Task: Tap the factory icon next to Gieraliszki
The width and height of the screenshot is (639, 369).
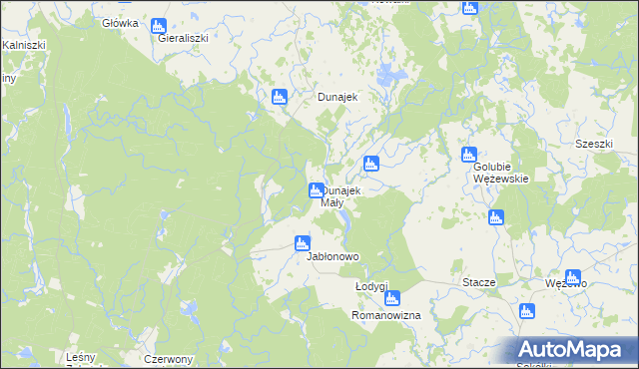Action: (x=158, y=25)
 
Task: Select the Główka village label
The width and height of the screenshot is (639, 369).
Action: (x=121, y=22)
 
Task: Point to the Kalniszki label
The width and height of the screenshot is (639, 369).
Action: (x=22, y=45)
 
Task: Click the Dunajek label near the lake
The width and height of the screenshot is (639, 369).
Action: (x=337, y=98)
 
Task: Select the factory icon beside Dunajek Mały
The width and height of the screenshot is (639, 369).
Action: (x=317, y=189)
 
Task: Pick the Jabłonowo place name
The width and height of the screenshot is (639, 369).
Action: (x=332, y=256)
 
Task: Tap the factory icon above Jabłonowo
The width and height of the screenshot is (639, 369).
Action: (x=303, y=242)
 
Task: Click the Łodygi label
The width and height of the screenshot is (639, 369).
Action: (x=371, y=286)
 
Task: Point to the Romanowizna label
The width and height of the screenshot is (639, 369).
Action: (x=386, y=314)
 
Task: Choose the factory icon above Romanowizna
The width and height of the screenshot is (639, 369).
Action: (x=392, y=298)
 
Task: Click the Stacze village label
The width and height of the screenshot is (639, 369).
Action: (x=479, y=282)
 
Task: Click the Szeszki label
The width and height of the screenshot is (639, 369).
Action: (x=593, y=144)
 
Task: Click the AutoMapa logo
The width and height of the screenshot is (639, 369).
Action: (x=574, y=349)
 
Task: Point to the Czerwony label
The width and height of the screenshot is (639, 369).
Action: (x=169, y=359)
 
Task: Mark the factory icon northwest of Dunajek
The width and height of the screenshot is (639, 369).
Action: (x=280, y=97)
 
